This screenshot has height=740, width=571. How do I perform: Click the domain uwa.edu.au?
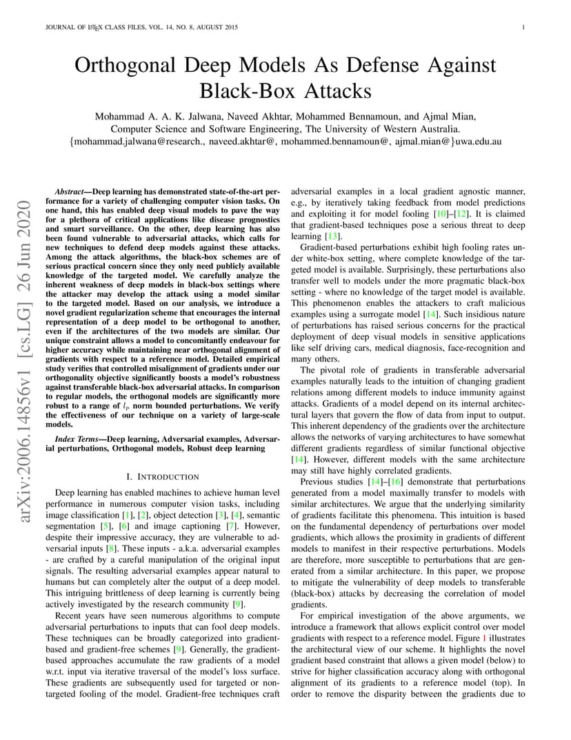479,141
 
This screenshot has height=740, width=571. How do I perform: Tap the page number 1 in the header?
524,28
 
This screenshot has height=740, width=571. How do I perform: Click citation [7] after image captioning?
232,516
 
